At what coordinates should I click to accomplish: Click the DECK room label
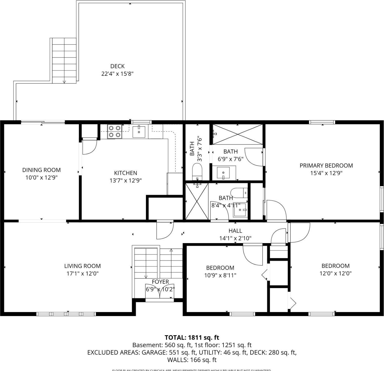coord(117,66)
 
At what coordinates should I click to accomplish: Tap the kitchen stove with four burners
coord(114,131)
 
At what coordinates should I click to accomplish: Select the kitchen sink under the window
coord(139,132)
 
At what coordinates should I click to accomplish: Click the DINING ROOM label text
coord(41,170)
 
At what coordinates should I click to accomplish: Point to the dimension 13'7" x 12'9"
coord(126,180)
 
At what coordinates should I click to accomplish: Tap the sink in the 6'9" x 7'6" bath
coord(223,173)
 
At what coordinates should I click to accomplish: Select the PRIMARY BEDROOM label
coord(326,166)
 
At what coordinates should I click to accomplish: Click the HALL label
coord(235,231)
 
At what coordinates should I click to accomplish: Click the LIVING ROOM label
coord(82,266)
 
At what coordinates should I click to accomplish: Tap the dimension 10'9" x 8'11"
coord(220,275)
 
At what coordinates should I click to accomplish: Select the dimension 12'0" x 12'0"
coord(335,273)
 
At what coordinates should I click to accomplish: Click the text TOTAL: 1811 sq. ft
coord(192,338)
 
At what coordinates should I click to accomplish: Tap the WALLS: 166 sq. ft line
coord(192,360)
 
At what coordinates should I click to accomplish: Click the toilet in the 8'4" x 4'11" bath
coord(239,193)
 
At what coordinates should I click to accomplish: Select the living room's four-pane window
coord(66,314)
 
